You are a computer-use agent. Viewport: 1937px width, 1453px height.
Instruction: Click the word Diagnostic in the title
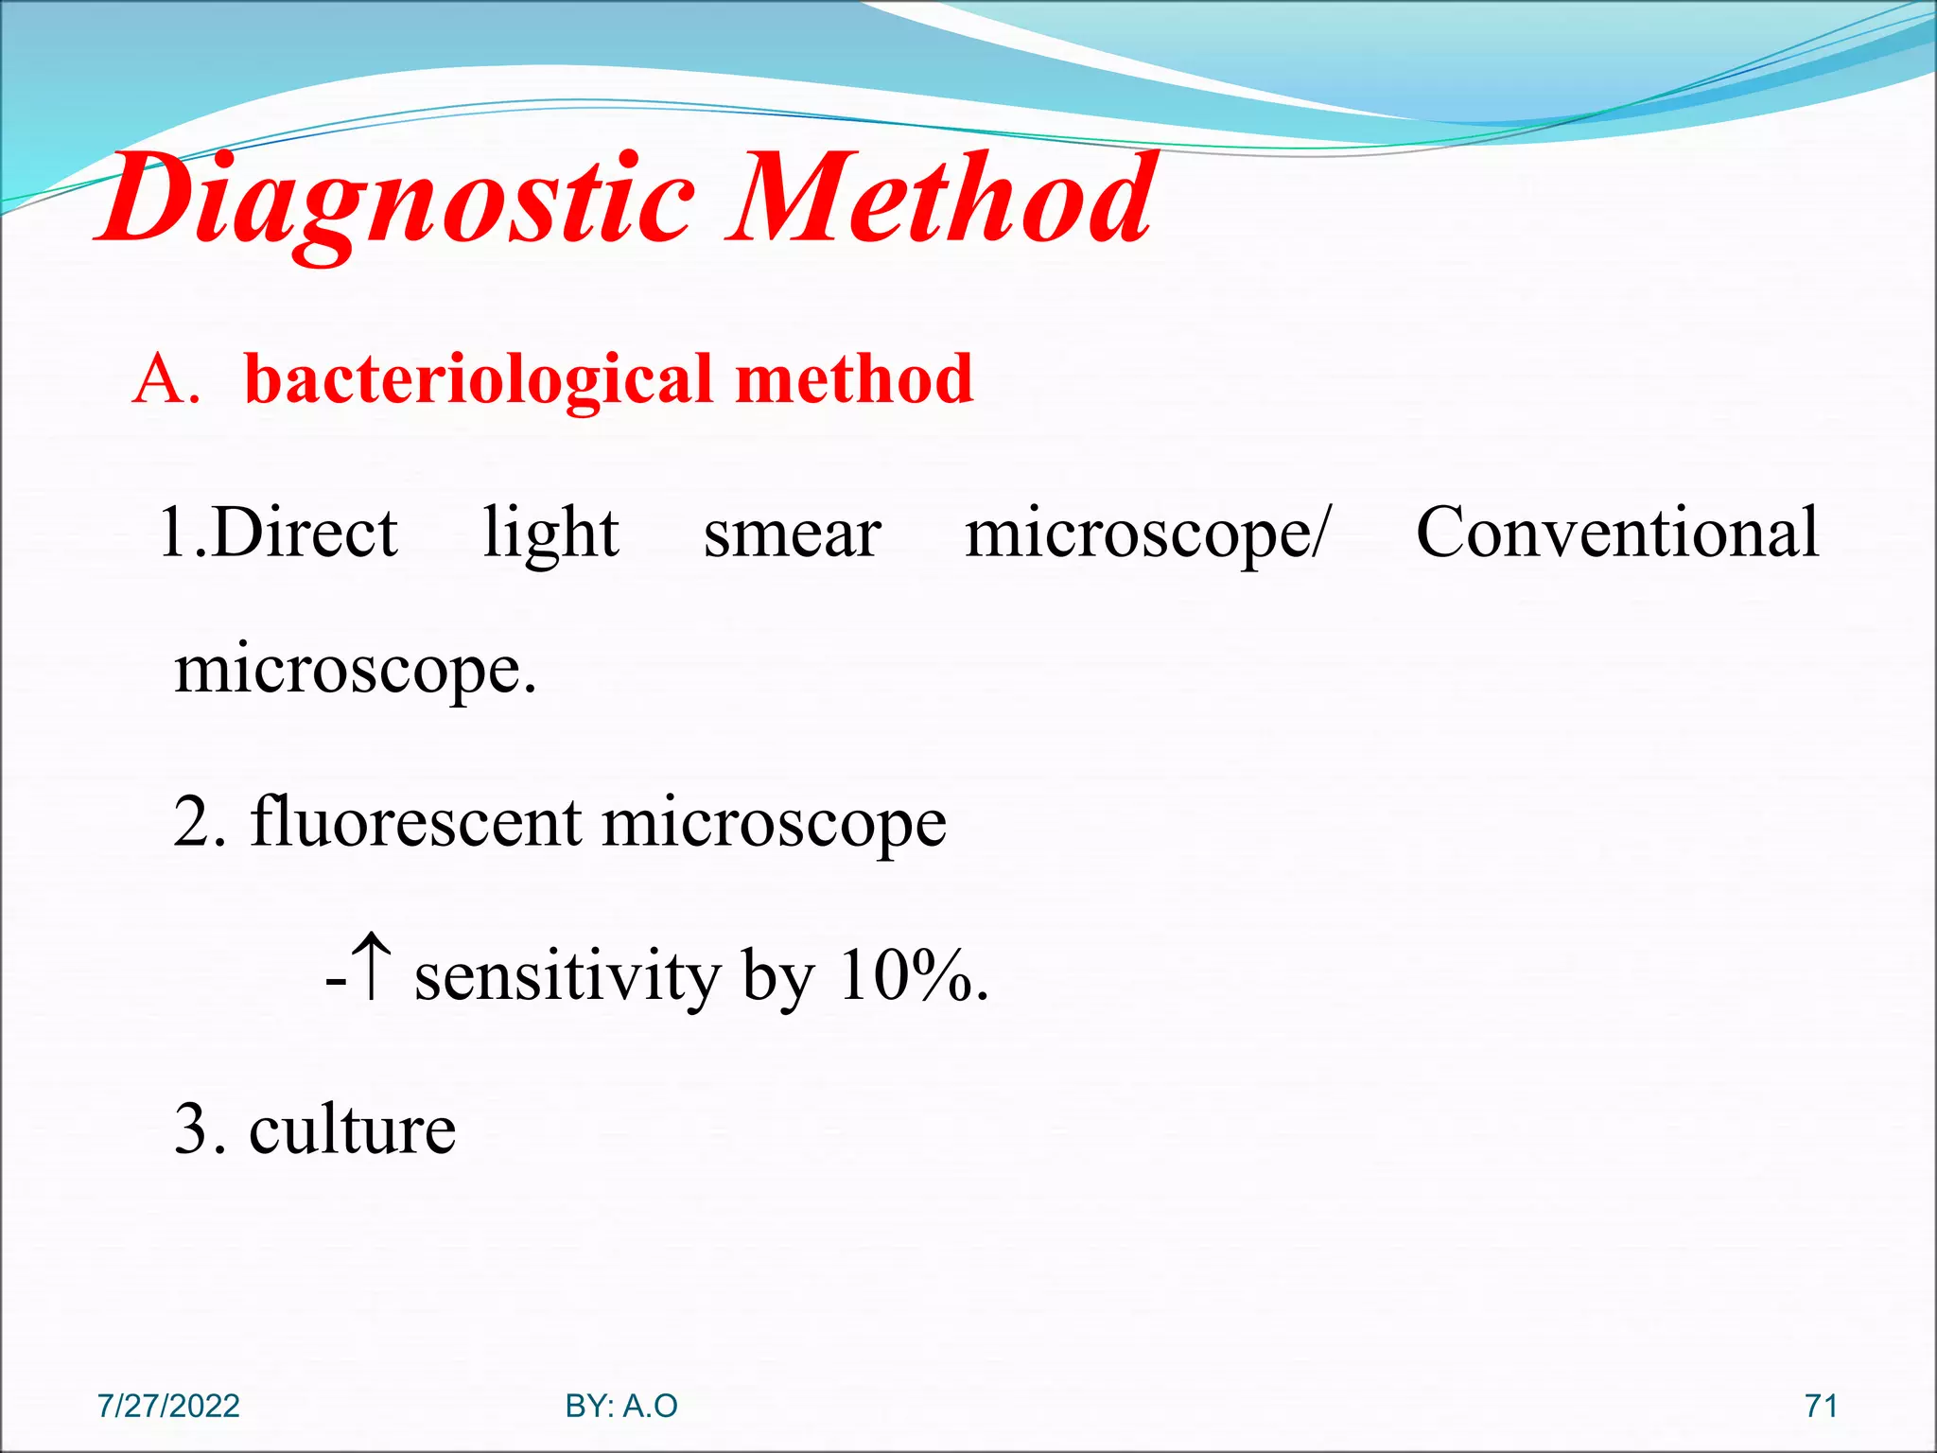point(397,201)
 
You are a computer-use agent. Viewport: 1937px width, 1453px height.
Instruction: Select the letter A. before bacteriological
point(166,380)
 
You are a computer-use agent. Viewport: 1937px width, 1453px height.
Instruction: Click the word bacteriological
point(479,380)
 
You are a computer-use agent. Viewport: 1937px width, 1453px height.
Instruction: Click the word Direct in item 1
point(305,533)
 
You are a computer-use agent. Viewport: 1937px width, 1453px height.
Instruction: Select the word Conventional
point(1616,533)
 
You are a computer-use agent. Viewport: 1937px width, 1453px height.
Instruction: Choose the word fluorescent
point(415,821)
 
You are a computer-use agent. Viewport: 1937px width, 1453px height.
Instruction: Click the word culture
point(352,1129)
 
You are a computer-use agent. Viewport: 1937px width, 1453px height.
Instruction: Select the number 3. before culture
point(200,1129)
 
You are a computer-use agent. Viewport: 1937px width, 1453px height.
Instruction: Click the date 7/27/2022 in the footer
point(168,1406)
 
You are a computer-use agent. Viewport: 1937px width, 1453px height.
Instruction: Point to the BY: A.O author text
point(621,1406)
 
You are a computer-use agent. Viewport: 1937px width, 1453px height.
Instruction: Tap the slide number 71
point(1821,1406)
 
